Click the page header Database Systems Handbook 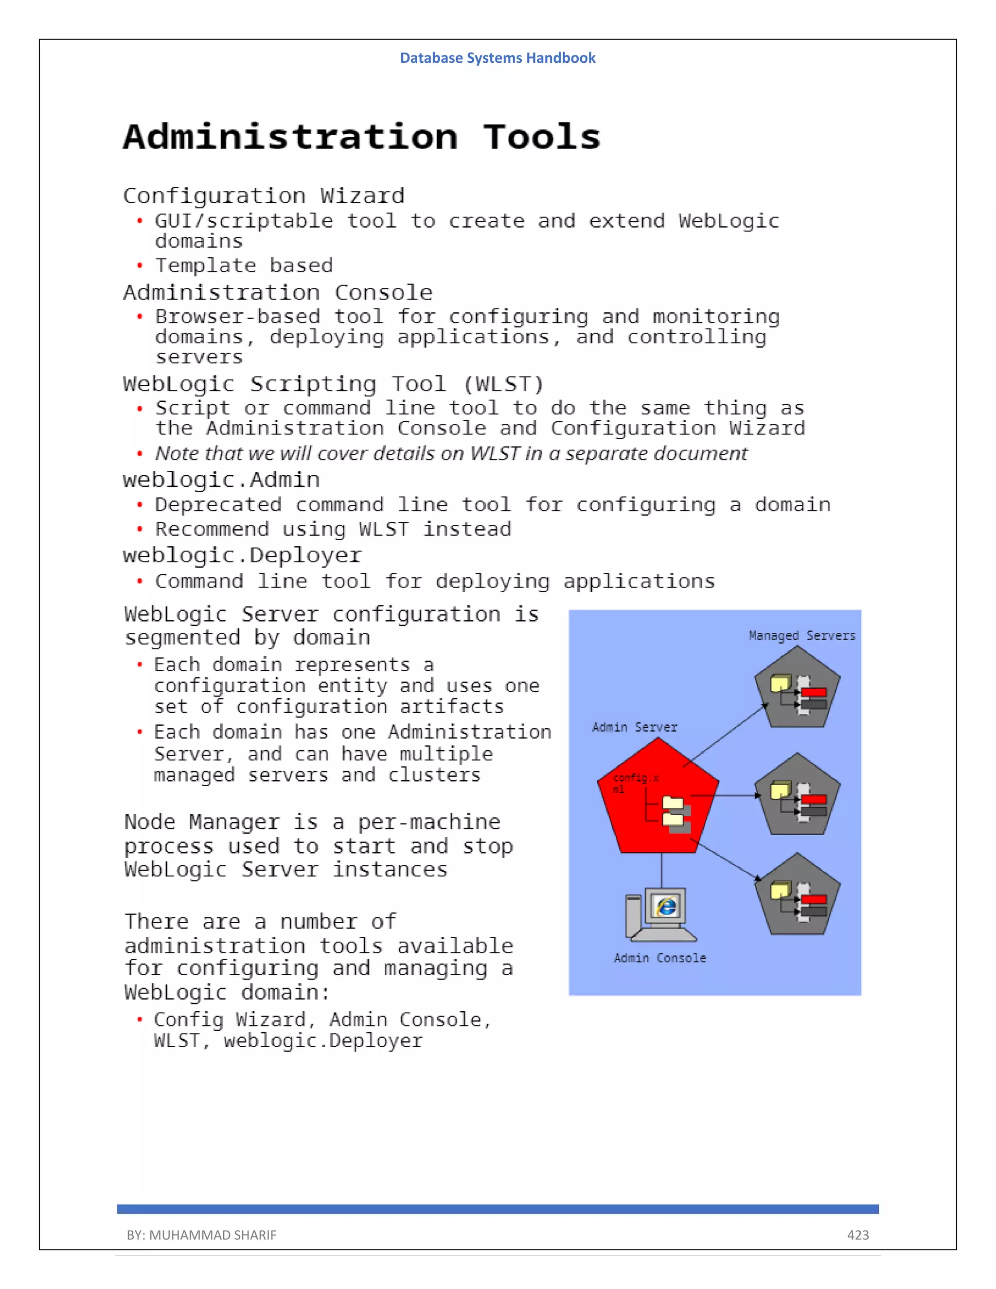click(498, 58)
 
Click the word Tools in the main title click(542, 138)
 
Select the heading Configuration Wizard click(264, 196)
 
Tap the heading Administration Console click(278, 293)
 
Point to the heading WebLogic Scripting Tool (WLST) click(333, 384)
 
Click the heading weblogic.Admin click(221, 480)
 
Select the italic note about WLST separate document click(451, 453)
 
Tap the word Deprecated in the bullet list click(218, 505)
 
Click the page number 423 click(858, 1235)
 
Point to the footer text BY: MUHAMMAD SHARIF click(201, 1235)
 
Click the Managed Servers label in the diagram click(802, 636)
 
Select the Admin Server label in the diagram click(634, 727)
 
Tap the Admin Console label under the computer click(659, 958)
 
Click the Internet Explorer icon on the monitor click(666, 907)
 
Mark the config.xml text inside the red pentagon click(635, 783)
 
